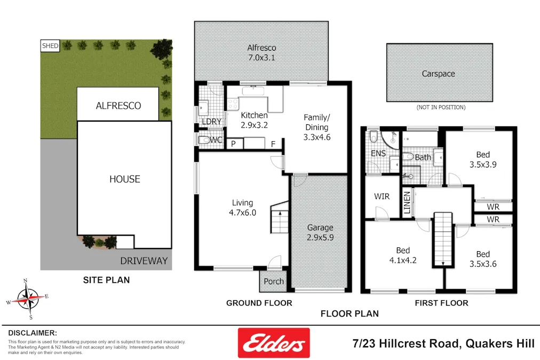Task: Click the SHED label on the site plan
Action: [x=50, y=46]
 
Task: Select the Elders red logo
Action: [x=273, y=342]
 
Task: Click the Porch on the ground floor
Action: [x=274, y=281]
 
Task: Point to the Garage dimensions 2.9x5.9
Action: [x=320, y=238]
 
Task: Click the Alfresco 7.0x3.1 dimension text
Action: [x=261, y=58]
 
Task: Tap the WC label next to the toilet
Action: [x=216, y=140]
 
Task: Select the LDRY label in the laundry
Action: [x=212, y=122]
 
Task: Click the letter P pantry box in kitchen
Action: [x=233, y=143]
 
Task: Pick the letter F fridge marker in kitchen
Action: [x=273, y=143]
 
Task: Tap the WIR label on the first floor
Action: [x=382, y=196]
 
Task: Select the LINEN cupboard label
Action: [x=407, y=203]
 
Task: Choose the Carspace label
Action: [x=438, y=74]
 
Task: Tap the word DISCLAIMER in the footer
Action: [x=33, y=332]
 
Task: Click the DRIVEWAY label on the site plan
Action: [x=144, y=261]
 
